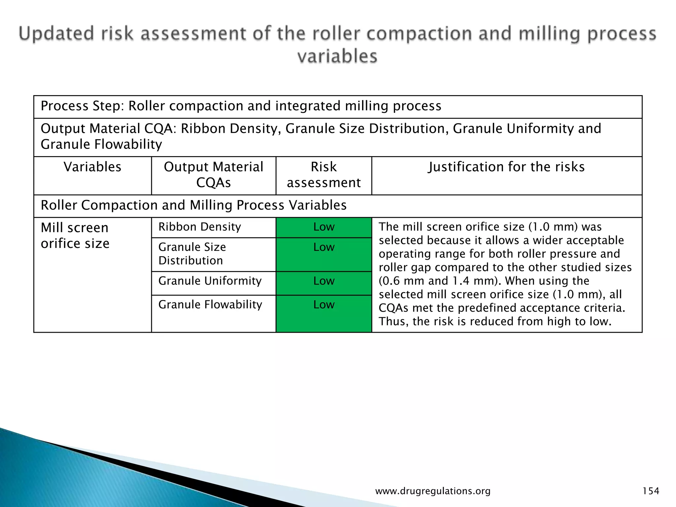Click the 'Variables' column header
(92, 167)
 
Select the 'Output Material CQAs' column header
(214, 175)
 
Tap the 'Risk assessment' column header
(323, 175)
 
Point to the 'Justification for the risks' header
(506, 167)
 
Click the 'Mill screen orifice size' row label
(75, 235)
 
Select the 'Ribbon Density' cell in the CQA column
(200, 227)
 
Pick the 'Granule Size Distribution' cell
(192, 254)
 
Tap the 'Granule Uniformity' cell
(210, 281)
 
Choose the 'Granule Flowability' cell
(210, 304)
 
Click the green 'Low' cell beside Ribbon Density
(324, 227)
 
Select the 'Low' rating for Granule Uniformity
(324, 281)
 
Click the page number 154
(651, 491)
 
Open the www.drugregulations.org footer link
(433, 491)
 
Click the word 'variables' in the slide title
(337, 56)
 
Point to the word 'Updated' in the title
(56, 34)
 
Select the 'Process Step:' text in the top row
(82, 106)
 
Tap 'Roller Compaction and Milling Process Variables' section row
(193, 205)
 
